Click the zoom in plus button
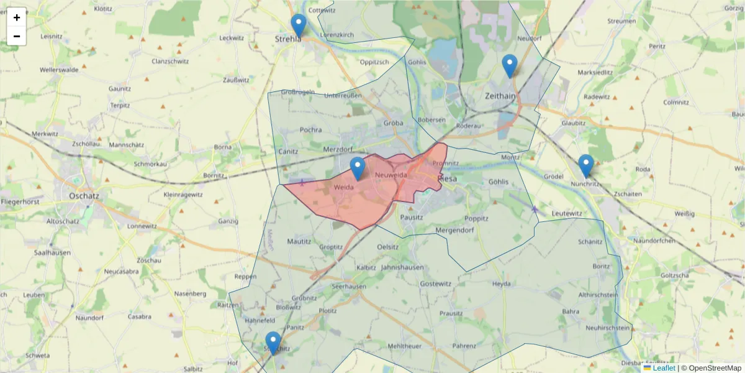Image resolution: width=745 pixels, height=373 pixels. [x=17, y=17]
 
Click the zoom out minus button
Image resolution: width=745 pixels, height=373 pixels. [x=17, y=36]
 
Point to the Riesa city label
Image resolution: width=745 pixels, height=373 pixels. [x=447, y=178]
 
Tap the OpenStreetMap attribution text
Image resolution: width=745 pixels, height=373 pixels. [x=715, y=368]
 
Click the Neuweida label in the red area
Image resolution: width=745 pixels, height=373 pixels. [x=391, y=175]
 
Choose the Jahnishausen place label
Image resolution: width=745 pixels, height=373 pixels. [x=402, y=267]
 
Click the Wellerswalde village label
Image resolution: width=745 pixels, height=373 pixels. [x=59, y=70]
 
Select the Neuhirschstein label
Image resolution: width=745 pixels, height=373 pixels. [x=608, y=328]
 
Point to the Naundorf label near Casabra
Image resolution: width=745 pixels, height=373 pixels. [x=89, y=318]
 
